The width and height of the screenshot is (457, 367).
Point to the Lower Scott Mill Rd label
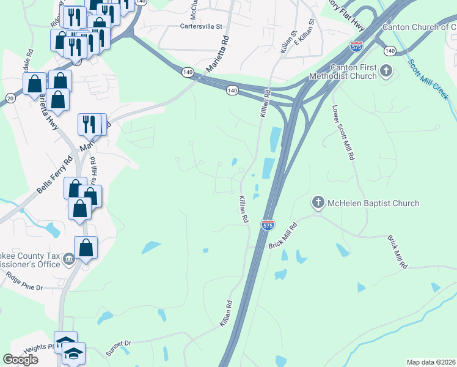point(343,132)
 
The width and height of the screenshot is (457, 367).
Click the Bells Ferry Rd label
point(54,176)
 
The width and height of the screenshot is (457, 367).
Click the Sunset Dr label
point(119,344)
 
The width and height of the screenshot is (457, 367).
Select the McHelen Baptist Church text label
point(373,203)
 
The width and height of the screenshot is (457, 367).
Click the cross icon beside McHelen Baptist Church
point(318,202)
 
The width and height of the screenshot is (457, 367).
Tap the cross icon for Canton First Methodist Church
point(386,71)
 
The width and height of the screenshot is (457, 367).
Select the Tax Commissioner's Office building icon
point(70,260)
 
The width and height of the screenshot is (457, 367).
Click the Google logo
point(20,360)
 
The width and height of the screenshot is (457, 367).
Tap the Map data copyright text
point(431,362)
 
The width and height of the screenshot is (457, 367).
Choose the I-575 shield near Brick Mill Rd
point(268,225)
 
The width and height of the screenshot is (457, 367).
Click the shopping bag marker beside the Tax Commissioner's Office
point(86,248)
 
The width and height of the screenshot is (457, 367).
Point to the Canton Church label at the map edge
point(419,27)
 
